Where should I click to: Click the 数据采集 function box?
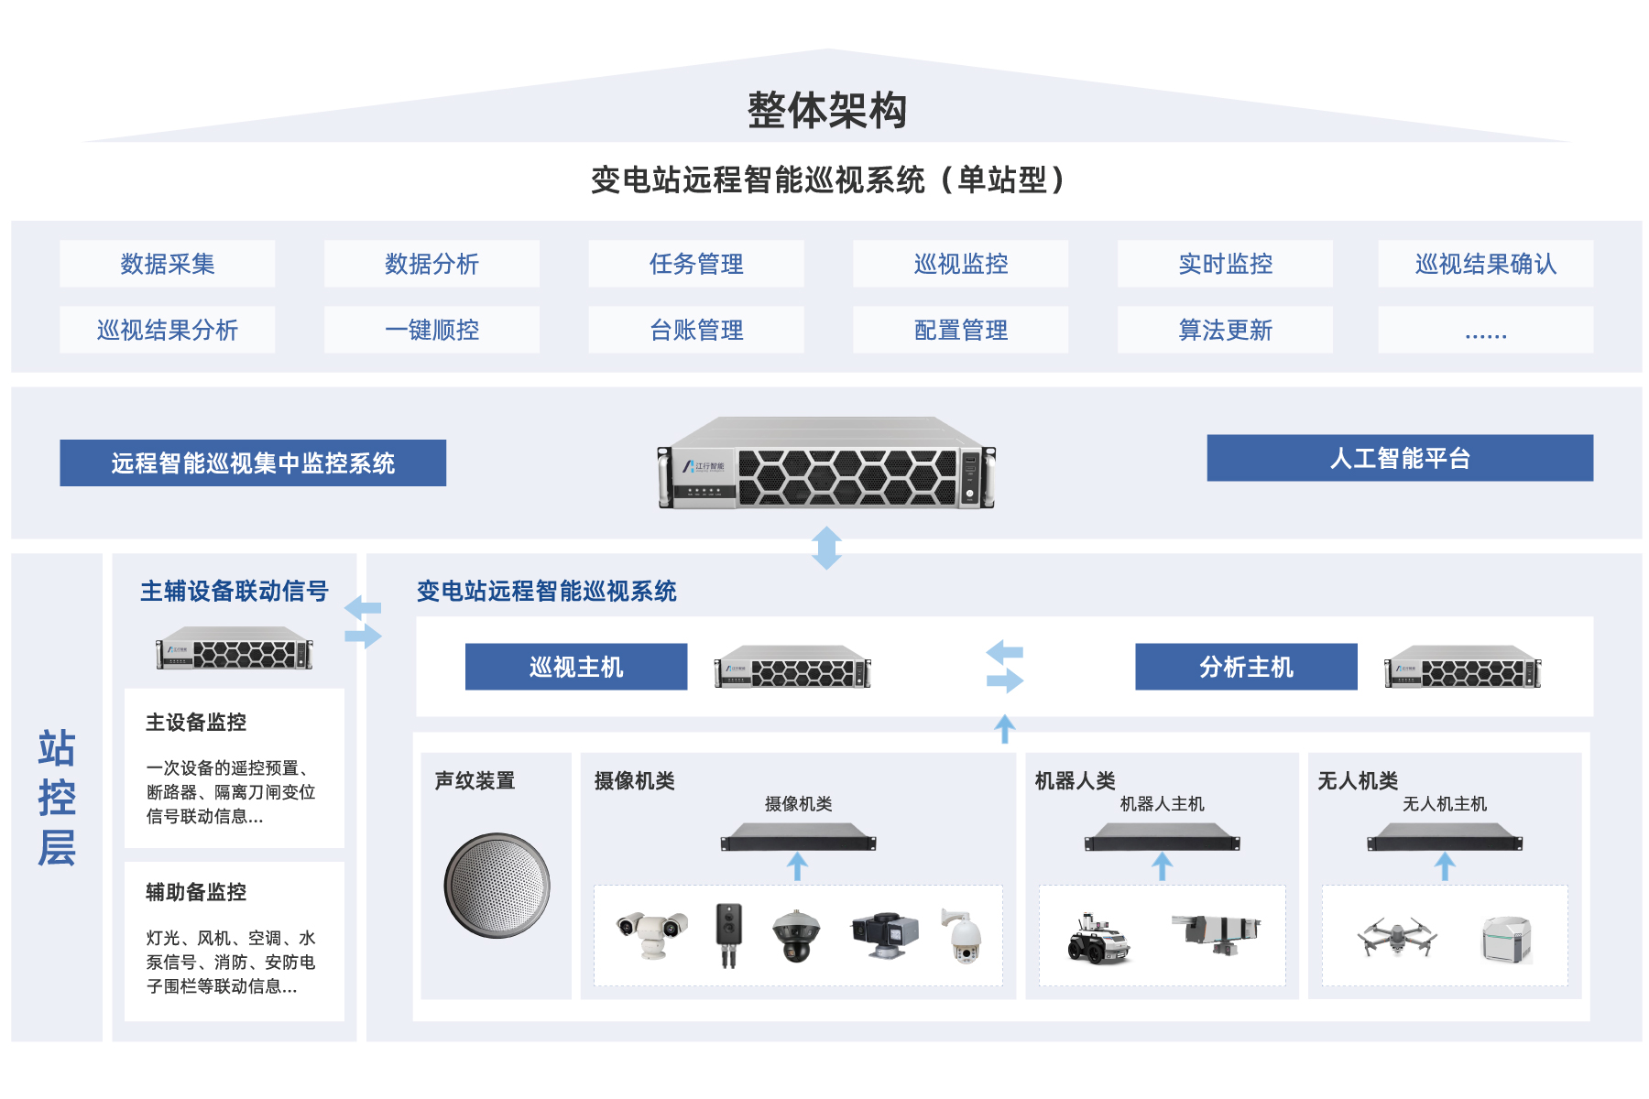point(168,264)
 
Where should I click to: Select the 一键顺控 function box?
point(431,330)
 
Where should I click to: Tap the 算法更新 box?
point(1225,330)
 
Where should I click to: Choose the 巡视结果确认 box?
point(1485,264)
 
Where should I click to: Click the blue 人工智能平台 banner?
point(1400,458)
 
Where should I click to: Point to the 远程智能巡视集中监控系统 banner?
point(253,462)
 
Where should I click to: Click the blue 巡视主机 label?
point(576,667)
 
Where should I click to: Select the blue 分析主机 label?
point(1246,667)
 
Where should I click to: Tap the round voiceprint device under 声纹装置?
point(497,886)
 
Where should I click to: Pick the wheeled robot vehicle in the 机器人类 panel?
point(1098,940)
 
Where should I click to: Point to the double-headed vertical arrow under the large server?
point(826,548)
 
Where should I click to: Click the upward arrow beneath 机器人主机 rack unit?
point(1163,866)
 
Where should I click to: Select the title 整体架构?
point(826,111)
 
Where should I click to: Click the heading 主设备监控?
point(196,723)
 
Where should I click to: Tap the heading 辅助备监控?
point(196,892)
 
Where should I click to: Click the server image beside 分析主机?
point(1462,667)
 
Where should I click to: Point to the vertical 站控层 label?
point(57,798)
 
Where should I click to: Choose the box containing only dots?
point(1485,330)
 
